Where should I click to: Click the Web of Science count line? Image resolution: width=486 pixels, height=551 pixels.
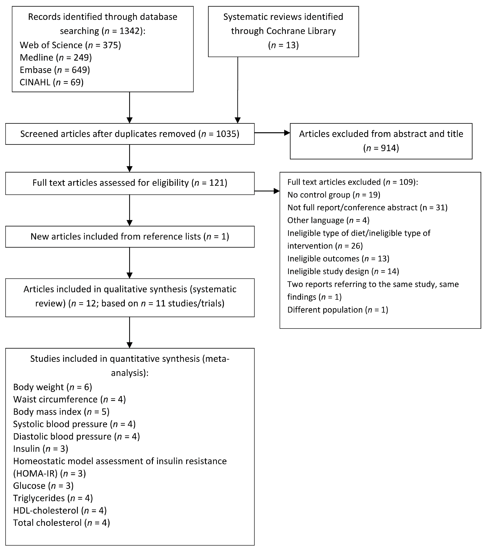tap(70, 45)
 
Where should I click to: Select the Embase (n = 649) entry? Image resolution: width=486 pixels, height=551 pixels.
tap(55, 70)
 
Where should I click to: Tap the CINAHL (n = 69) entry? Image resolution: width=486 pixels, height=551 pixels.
tap(51, 82)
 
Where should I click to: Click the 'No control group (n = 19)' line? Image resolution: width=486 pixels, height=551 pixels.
tap(334, 195)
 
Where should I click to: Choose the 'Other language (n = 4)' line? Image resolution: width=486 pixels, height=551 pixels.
tap(328, 220)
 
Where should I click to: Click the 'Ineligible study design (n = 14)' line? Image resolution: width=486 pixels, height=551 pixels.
tap(343, 271)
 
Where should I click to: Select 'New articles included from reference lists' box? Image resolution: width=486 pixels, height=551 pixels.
tap(130, 236)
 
